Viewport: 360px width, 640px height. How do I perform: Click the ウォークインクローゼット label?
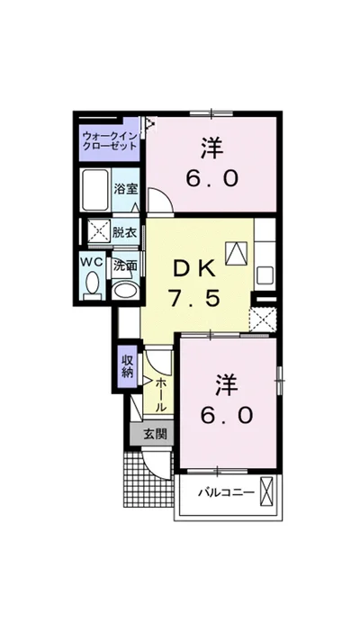(109, 140)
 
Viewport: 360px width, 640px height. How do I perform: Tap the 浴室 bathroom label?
(126, 189)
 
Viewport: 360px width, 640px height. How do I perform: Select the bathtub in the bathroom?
(95, 189)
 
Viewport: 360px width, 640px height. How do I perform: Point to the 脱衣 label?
(124, 232)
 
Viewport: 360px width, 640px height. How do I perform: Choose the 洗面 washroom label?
(125, 266)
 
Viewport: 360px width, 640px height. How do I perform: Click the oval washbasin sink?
(125, 290)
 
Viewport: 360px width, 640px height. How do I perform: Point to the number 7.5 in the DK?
(194, 299)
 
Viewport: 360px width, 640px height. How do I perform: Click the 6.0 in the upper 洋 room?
(212, 178)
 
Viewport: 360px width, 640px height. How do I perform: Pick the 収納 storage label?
(127, 366)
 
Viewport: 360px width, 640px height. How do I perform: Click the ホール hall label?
(161, 395)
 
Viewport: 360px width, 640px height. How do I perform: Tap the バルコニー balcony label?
(227, 492)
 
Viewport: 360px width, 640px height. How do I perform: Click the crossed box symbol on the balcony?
(265, 491)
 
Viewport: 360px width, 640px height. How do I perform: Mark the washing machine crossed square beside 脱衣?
(99, 232)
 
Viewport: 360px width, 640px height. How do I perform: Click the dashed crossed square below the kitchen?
(263, 320)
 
